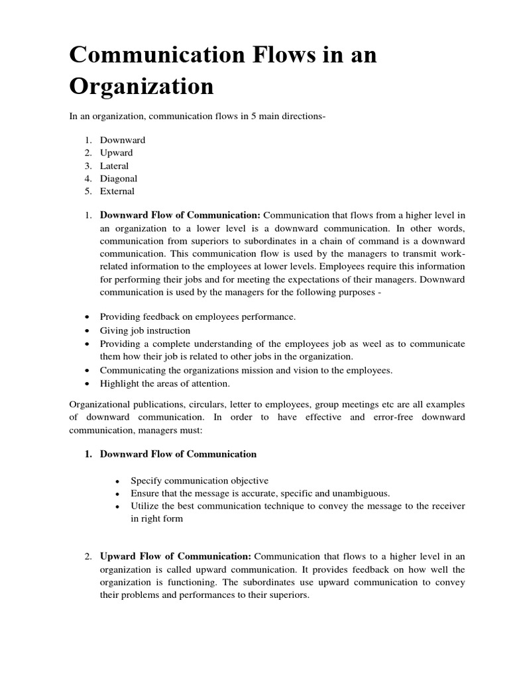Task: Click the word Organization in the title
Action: (142, 87)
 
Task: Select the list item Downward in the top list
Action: (123, 140)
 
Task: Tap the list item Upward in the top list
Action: (117, 153)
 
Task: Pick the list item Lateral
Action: (114, 166)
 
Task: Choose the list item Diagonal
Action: (119, 179)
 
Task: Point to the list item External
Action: (117, 191)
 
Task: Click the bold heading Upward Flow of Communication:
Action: (176, 556)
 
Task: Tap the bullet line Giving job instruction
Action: (145, 330)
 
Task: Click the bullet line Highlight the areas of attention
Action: (165, 383)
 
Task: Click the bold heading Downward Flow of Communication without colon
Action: (178, 454)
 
